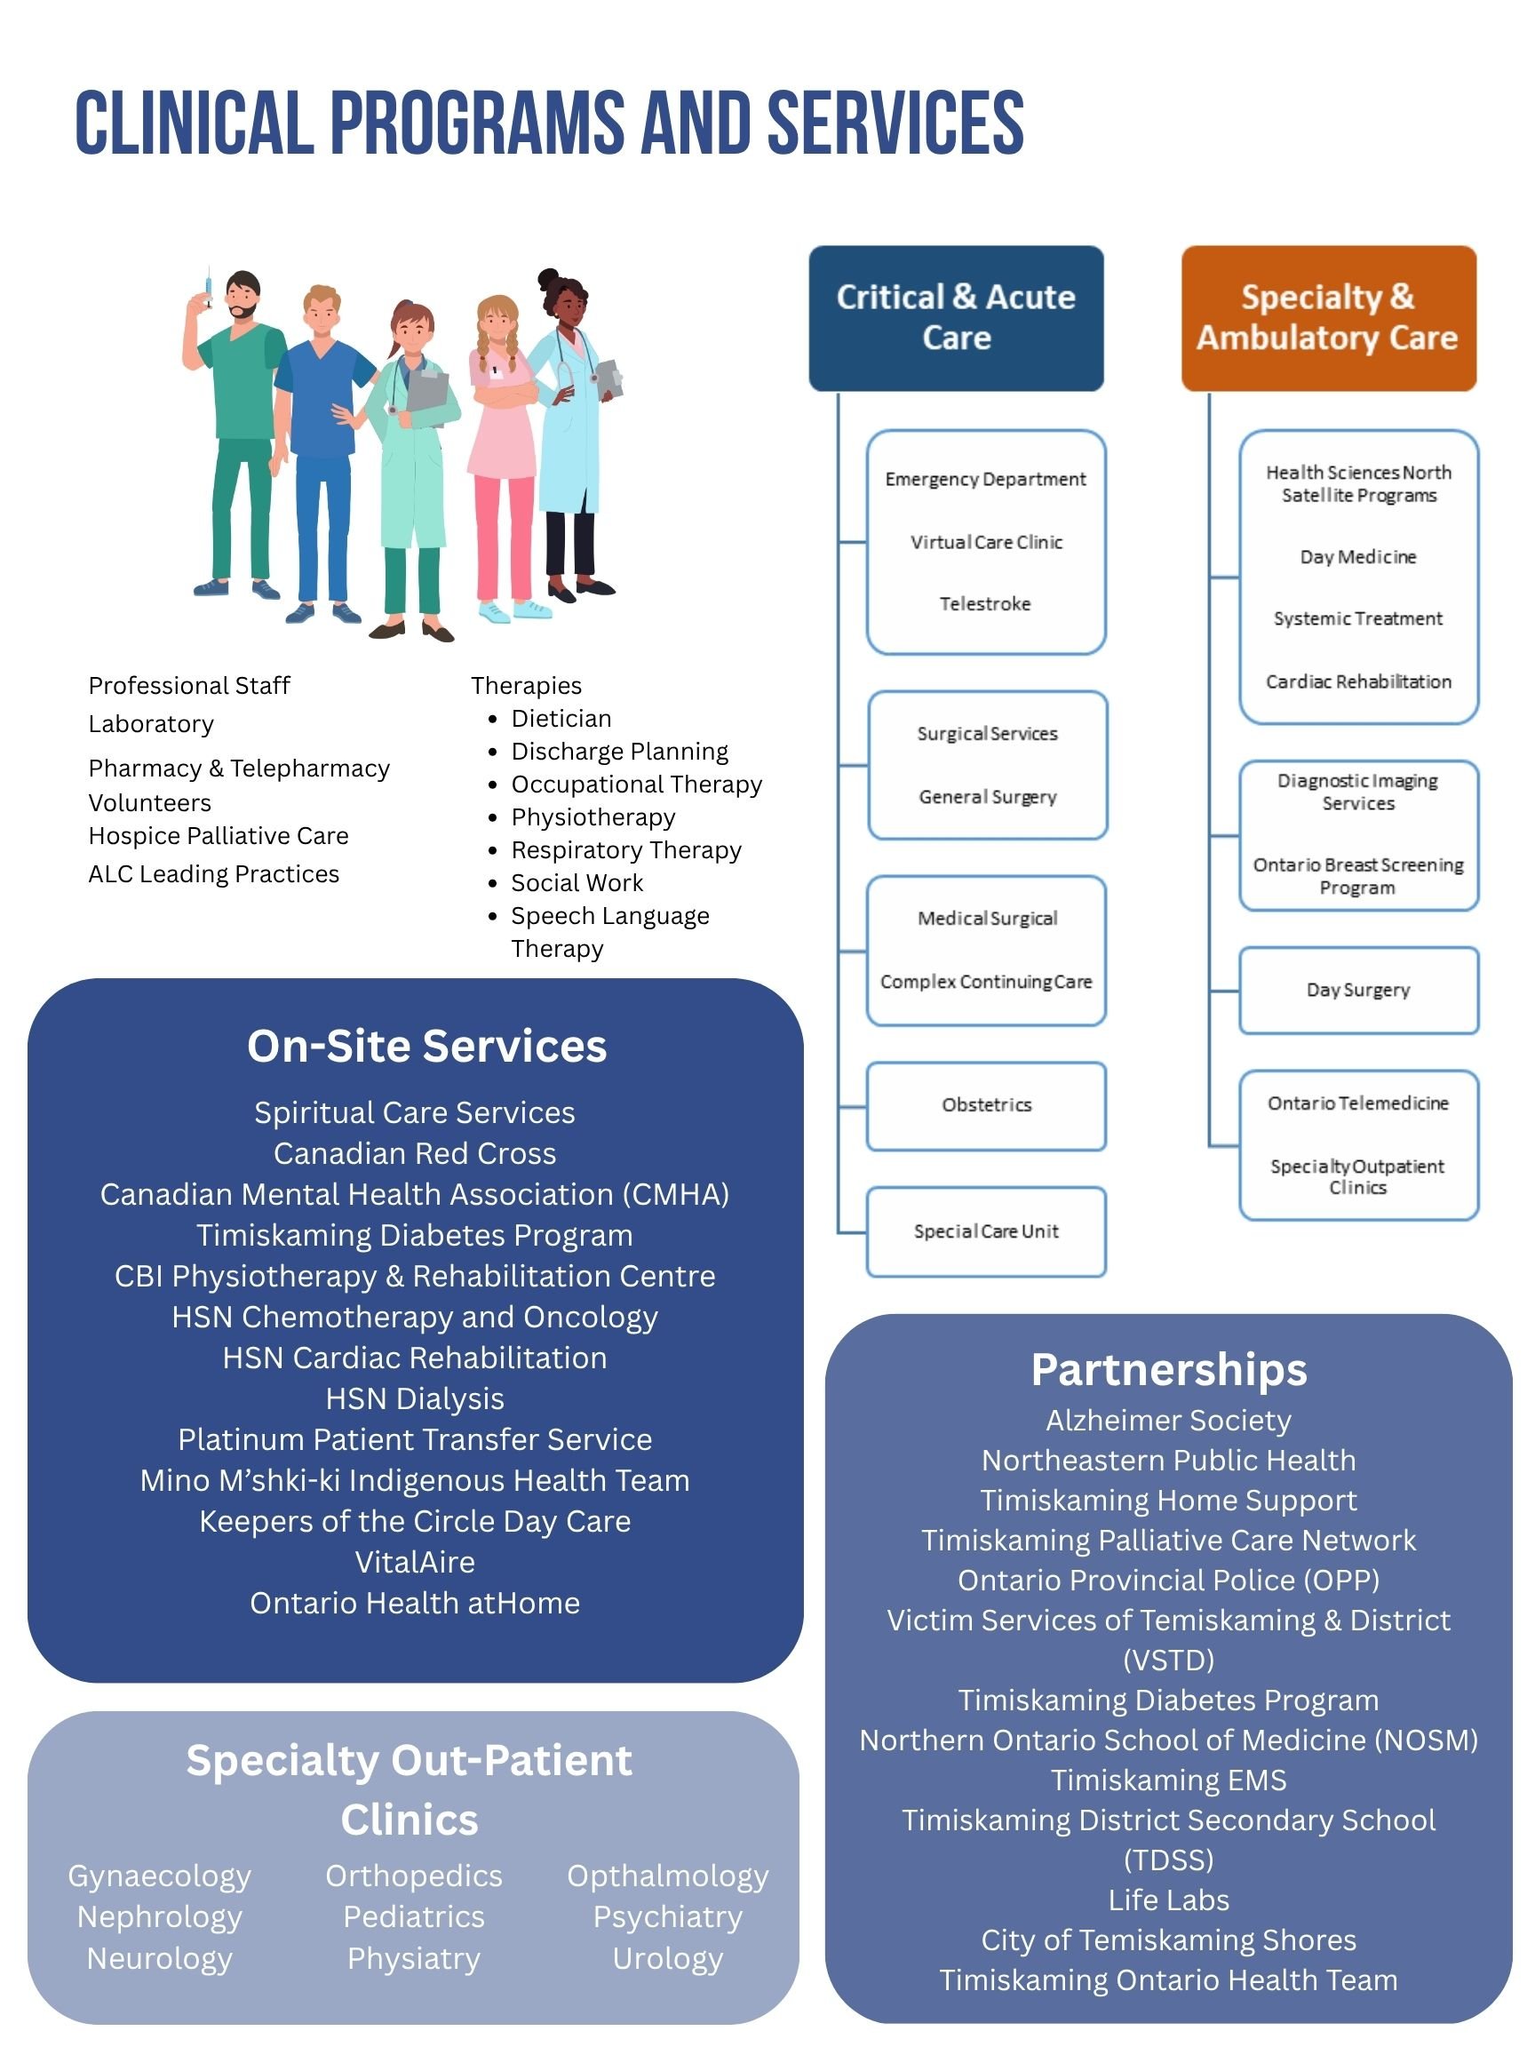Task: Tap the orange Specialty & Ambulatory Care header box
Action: coord(1328,317)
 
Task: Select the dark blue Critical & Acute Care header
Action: coord(956,317)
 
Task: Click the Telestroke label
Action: coord(985,604)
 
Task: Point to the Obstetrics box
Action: coord(986,1105)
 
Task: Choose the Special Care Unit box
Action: coord(986,1231)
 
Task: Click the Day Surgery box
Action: coord(1358,991)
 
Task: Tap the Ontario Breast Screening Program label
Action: coord(1357,876)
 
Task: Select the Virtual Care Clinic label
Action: coord(986,542)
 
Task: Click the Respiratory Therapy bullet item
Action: coord(626,850)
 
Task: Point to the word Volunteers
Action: coord(150,803)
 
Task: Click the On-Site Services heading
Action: coord(426,1047)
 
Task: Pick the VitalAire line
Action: coord(415,1562)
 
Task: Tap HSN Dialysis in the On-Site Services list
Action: coord(415,1398)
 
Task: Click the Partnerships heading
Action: coord(1169,1370)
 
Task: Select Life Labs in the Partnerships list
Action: coord(1169,1900)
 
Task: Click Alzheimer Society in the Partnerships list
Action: coord(1169,1421)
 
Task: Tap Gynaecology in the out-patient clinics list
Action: coord(160,1876)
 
